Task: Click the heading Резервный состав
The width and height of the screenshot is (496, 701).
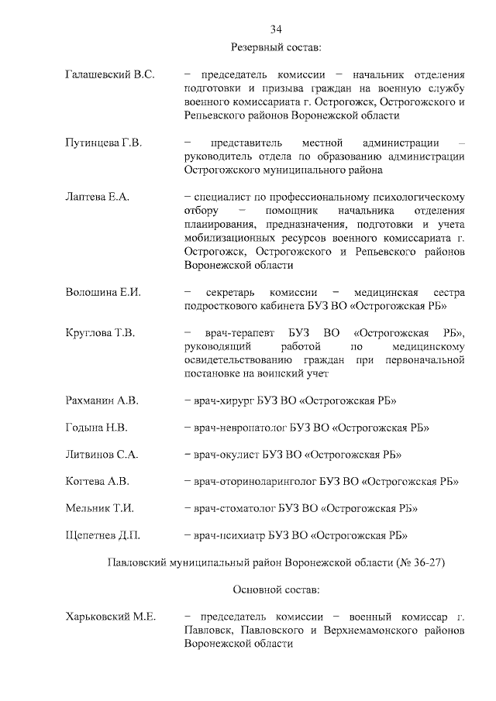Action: click(x=276, y=48)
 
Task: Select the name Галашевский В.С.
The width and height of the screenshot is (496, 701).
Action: click(x=110, y=75)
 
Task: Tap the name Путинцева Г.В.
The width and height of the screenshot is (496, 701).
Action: click(x=103, y=143)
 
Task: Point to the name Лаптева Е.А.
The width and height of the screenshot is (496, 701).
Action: click(x=97, y=197)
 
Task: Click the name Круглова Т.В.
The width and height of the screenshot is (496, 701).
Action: click(x=101, y=333)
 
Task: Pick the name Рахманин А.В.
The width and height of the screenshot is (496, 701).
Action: click(x=102, y=401)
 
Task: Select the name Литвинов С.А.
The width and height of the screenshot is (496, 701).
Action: click(x=102, y=454)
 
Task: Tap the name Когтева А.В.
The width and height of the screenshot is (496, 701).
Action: click(x=98, y=481)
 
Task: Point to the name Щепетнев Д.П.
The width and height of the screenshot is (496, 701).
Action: click(x=103, y=534)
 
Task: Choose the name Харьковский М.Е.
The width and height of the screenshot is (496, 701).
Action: click(x=111, y=617)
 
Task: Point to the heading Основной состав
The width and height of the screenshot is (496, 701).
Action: click(x=276, y=589)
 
